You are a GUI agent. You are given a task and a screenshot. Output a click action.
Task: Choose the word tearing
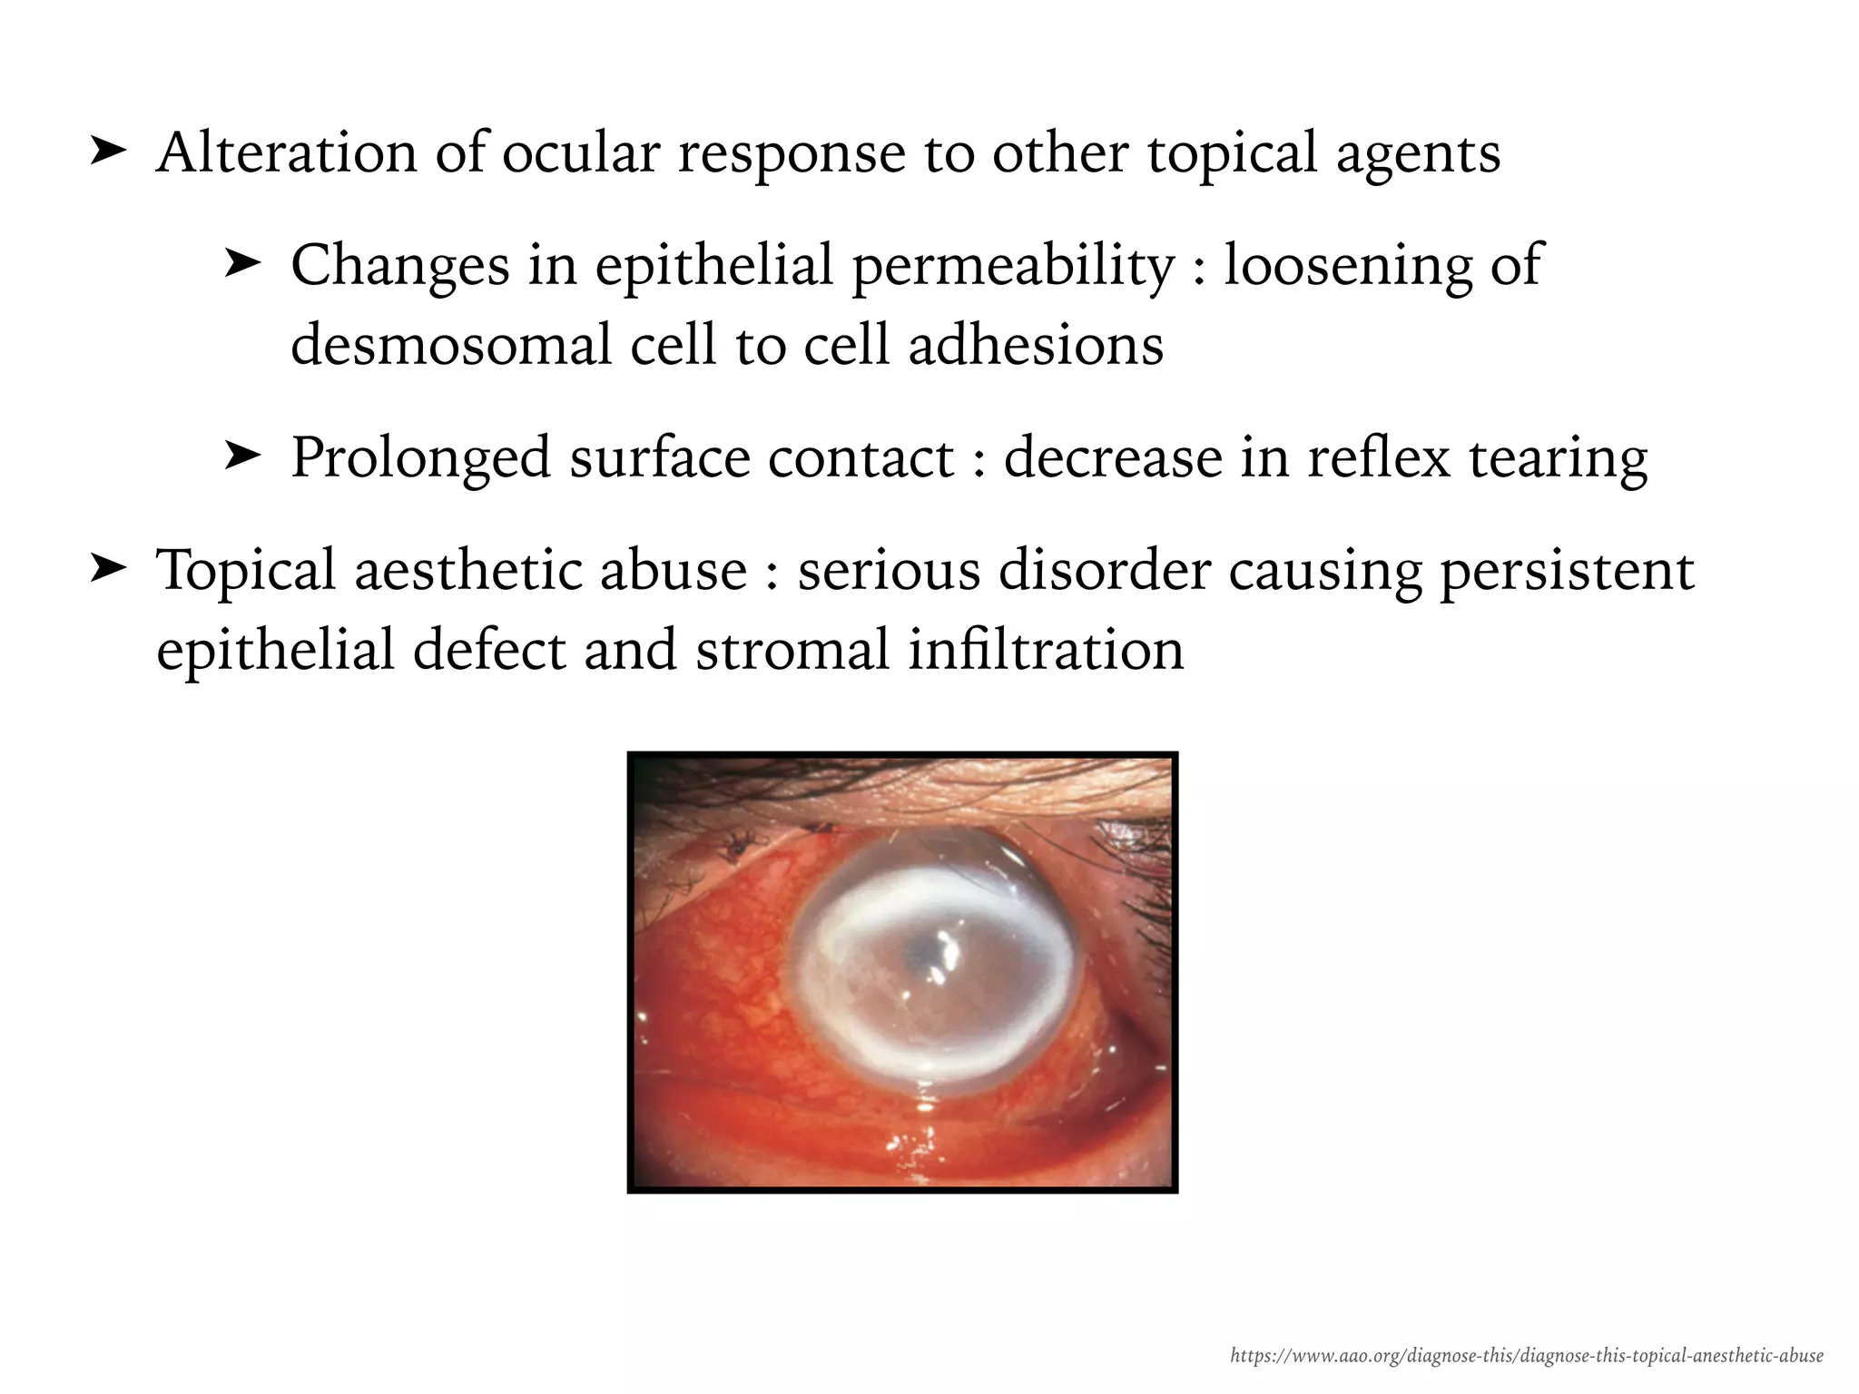click(x=1558, y=458)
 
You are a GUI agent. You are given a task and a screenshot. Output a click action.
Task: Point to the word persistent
click(x=1567, y=572)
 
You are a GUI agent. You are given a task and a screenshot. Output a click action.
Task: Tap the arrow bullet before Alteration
click(x=108, y=152)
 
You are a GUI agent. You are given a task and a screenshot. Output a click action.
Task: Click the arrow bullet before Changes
click(x=242, y=265)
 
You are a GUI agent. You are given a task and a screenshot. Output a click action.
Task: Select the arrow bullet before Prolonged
click(x=242, y=456)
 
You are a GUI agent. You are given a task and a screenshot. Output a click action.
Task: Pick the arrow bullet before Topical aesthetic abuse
click(x=108, y=569)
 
